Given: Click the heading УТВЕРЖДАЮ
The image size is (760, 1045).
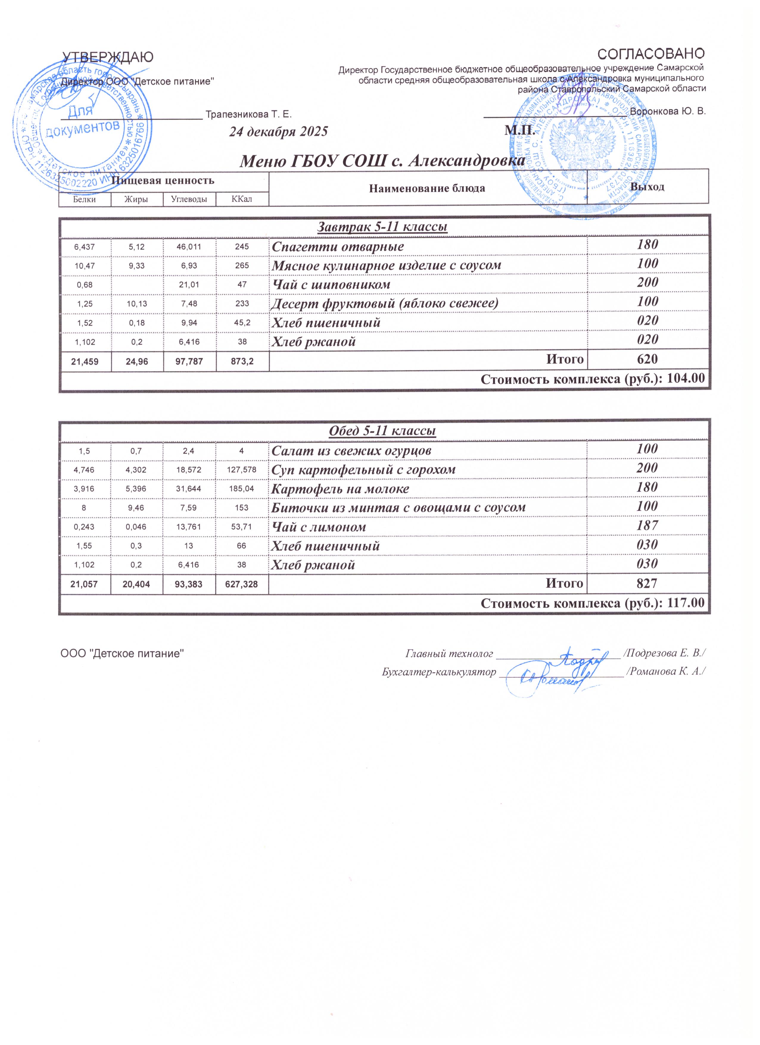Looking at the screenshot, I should [108, 57].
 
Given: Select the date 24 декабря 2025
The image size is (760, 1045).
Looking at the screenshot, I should [278, 132].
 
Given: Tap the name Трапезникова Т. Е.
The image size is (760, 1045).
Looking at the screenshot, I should [248, 114].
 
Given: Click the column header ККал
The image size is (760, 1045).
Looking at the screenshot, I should [242, 199].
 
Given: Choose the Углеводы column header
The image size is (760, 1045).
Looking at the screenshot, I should [189, 199].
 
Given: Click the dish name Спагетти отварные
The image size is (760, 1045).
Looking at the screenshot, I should [337, 247].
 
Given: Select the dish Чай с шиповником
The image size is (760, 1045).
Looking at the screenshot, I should [331, 285].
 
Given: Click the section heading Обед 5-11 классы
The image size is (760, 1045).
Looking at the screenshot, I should [382, 431].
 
